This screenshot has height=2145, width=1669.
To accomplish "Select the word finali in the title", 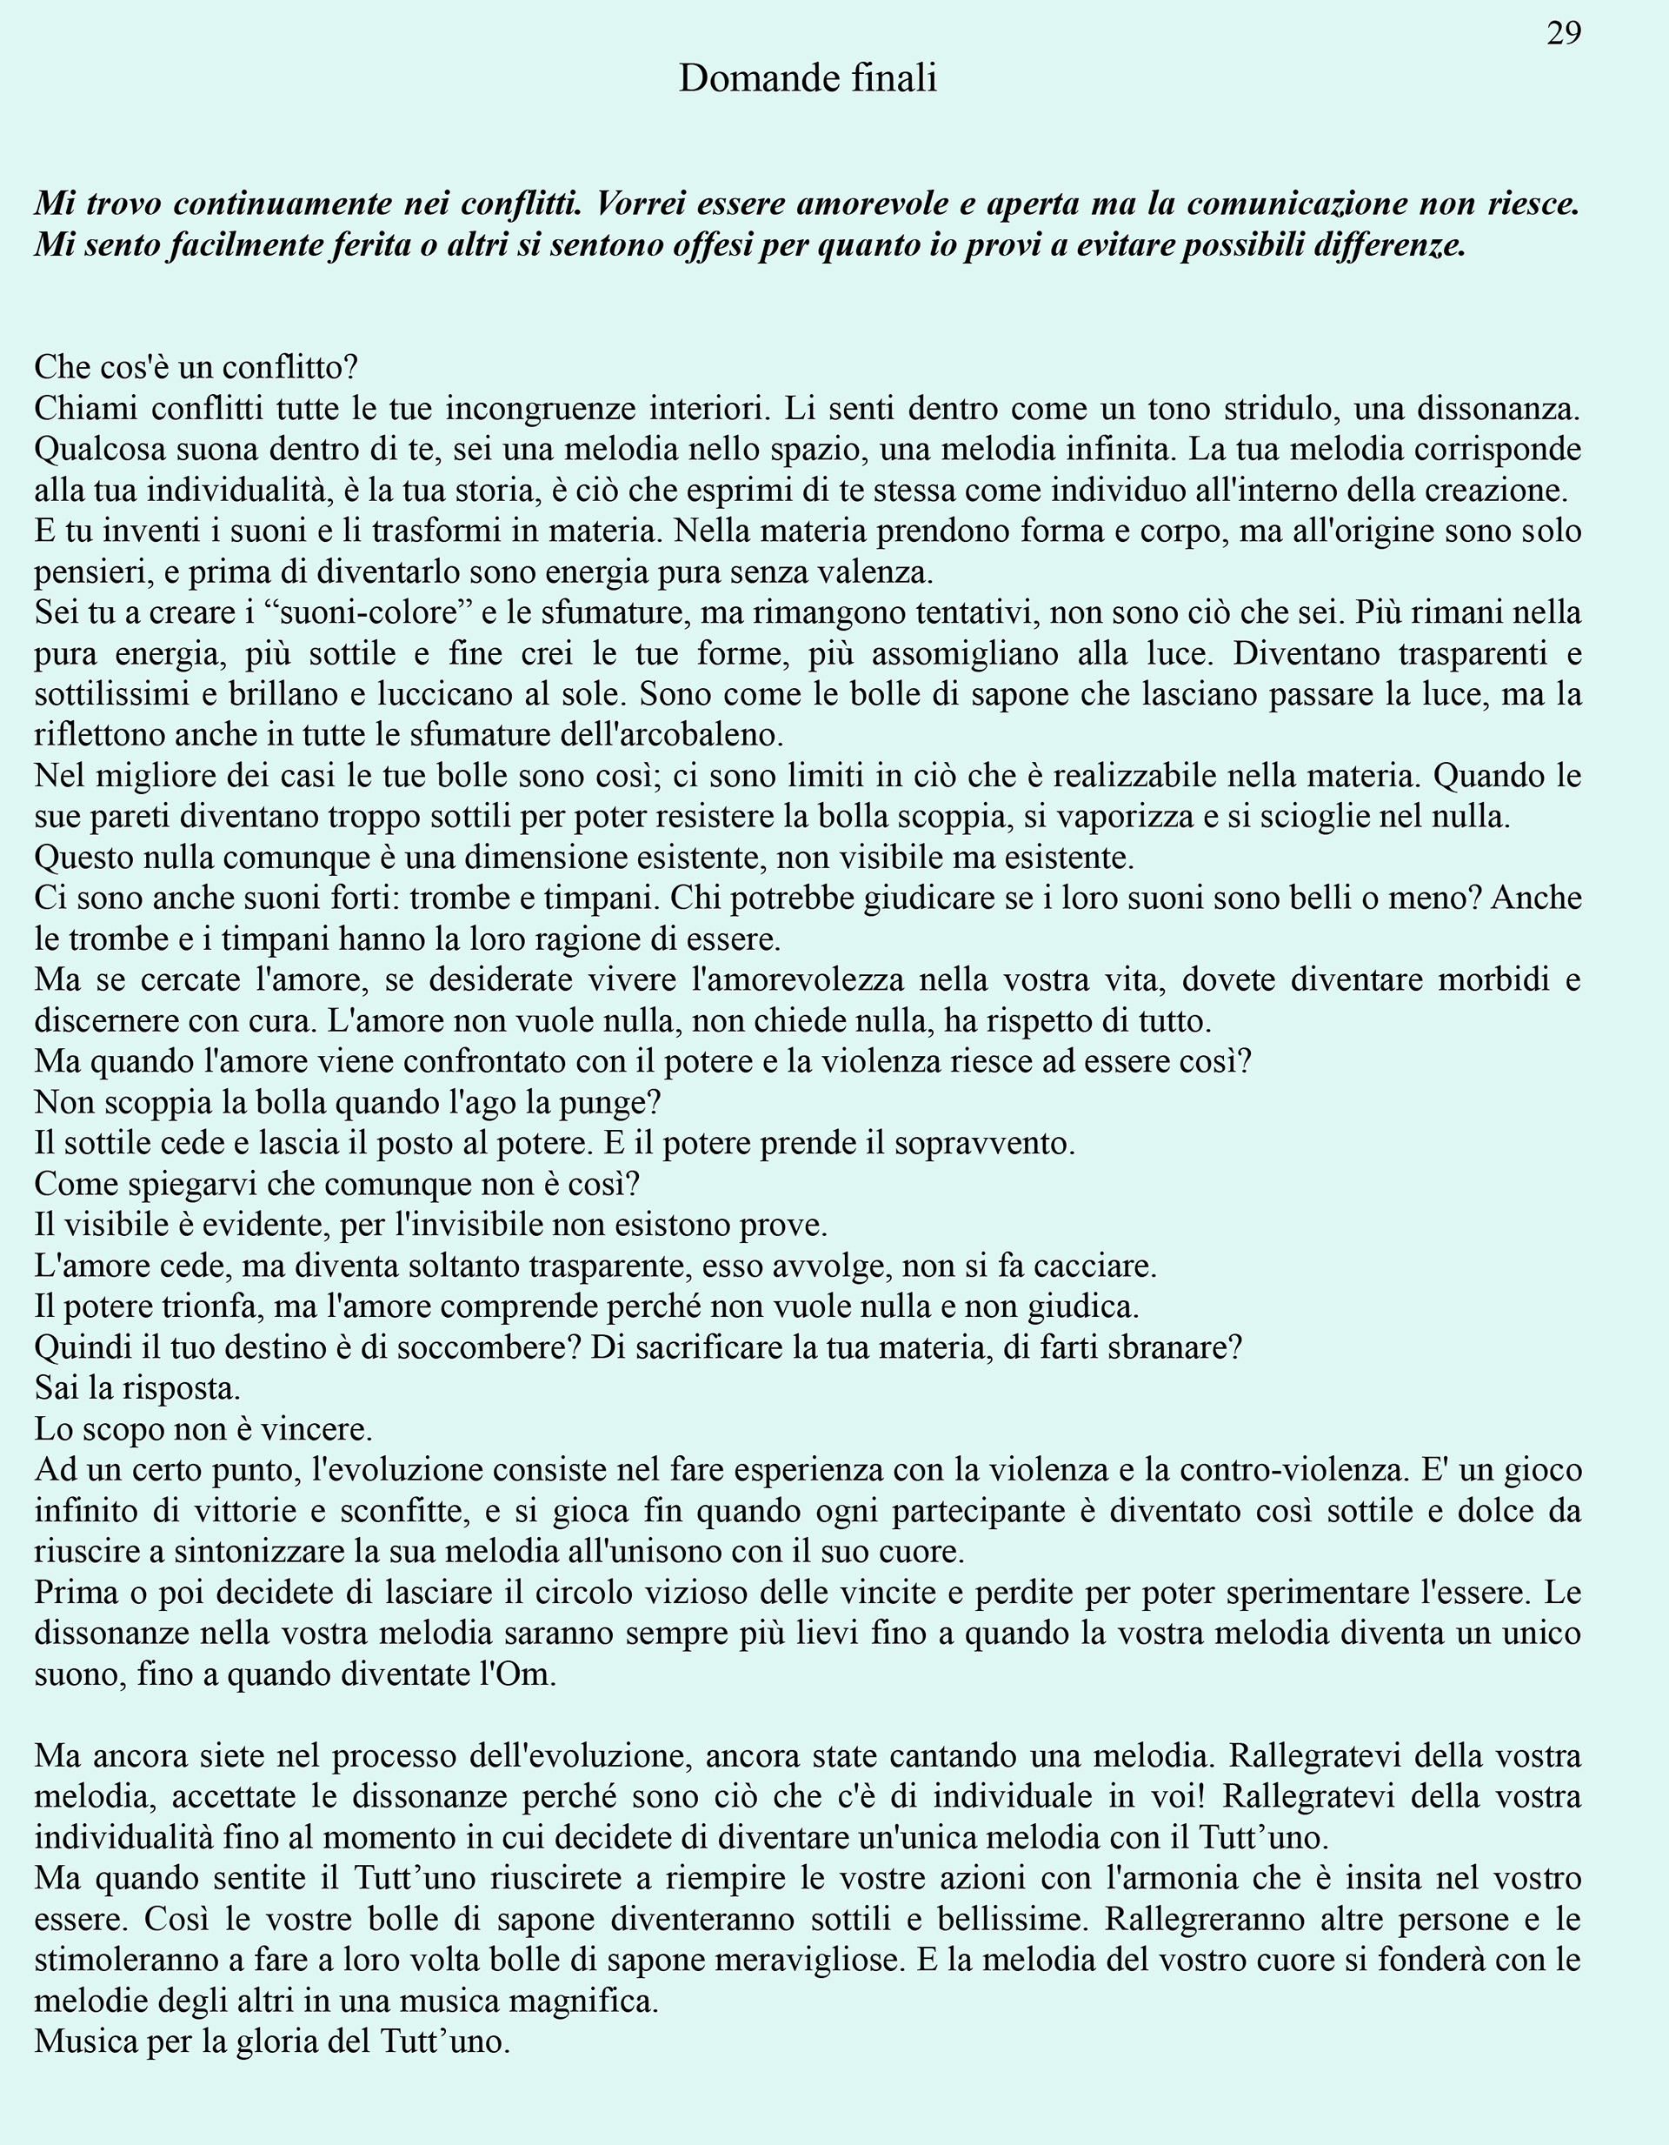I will click(894, 78).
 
